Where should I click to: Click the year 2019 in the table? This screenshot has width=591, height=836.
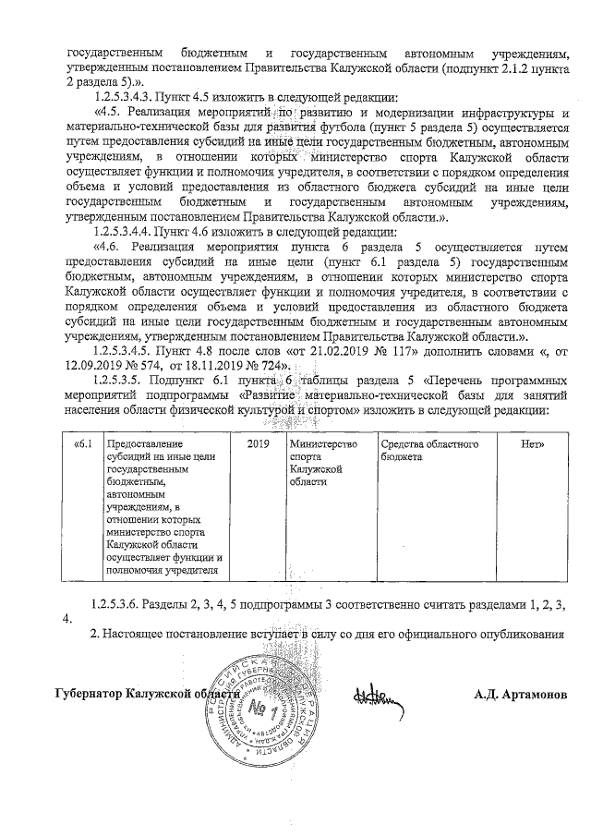click(262, 445)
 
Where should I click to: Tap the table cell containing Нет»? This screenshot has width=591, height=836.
click(532, 445)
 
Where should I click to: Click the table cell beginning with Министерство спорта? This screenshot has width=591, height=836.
click(322, 463)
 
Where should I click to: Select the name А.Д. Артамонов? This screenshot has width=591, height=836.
click(519, 694)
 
